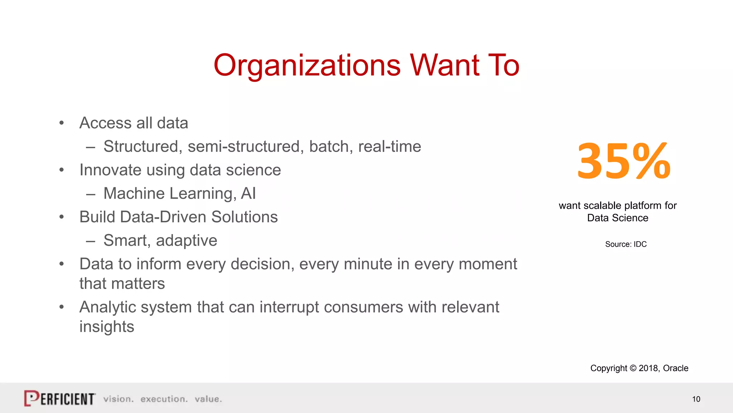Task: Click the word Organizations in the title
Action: (307, 66)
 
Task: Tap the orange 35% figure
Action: (624, 161)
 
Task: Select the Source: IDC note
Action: (626, 244)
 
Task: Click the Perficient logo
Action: (60, 398)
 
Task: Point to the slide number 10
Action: (696, 399)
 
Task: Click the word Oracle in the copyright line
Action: (675, 368)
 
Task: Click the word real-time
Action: (389, 146)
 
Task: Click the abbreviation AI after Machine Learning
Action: (248, 194)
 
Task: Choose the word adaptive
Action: (186, 241)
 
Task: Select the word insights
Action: (107, 327)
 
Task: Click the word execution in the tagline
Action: (164, 399)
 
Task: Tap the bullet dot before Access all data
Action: (62, 123)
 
